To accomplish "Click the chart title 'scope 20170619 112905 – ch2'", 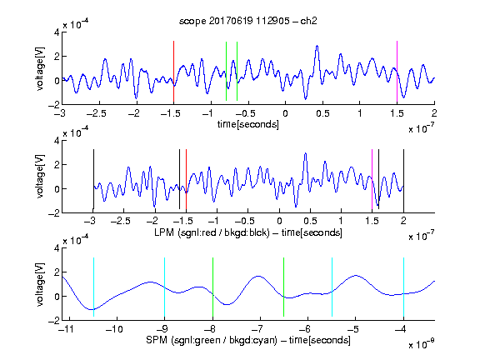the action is pyautogui.click(x=248, y=21).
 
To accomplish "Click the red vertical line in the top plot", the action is pyautogui.click(x=173, y=72).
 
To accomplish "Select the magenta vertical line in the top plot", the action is pyautogui.click(x=397, y=72).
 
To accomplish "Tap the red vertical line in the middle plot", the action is pyautogui.click(x=186, y=179).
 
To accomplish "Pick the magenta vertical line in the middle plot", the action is pyautogui.click(x=372, y=179).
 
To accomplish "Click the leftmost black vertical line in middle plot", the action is pyautogui.click(x=93, y=179).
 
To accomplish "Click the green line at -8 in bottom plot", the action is pyautogui.click(x=212, y=287).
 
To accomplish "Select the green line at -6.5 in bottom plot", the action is pyautogui.click(x=284, y=287).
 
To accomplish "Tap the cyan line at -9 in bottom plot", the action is pyautogui.click(x=165, y=287).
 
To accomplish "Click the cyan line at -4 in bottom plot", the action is pyautogui.click(x=404, y=287).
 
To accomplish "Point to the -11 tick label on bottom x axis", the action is pyautogui.click(x=67, y=329).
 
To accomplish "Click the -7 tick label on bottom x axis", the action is pyautogui.click(x=258, y=329).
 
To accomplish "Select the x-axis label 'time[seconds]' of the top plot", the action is pyautogui.click(x=248, y=124).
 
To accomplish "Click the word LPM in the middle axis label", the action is pyautogui.click(x=164, y=232).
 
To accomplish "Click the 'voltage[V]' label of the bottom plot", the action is pyautogui.click(x=40, y=284).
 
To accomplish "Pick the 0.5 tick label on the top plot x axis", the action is pyautogui.click(x=322, y=113).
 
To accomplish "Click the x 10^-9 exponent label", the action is pyautogui.click(x=421, y=344).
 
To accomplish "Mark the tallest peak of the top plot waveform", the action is pyautogui.click(x=317, y=46).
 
